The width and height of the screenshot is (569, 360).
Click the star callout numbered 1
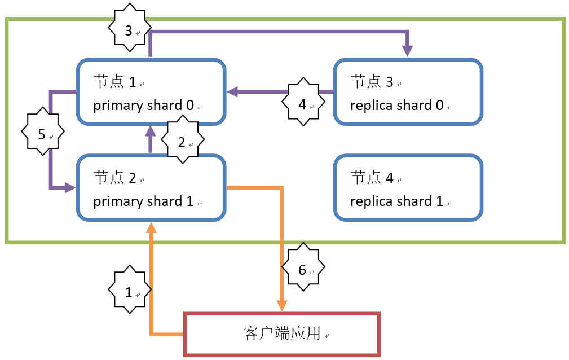click(129, 292)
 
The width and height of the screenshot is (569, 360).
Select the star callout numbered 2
click(182, 142)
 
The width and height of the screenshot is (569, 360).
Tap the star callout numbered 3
click(129, 30)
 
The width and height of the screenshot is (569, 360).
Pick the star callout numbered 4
click(303, 104)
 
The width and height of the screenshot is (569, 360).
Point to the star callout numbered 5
click(42, 135)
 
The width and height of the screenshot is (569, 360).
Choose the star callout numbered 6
click(303, 269)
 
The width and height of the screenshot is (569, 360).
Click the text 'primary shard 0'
click(143, 105)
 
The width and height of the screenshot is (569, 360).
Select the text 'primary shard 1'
click(143, 201)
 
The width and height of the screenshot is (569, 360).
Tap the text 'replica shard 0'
click(397, 105)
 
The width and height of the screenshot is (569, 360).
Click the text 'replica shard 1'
click(397, 201)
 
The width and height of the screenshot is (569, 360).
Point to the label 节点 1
click(115, 82)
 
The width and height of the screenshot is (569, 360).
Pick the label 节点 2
click(115, 178)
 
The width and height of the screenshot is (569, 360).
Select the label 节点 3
click(372, 82)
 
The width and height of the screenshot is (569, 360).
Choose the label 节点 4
click(372, 178)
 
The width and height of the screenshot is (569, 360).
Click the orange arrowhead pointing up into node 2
click(151, 227)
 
